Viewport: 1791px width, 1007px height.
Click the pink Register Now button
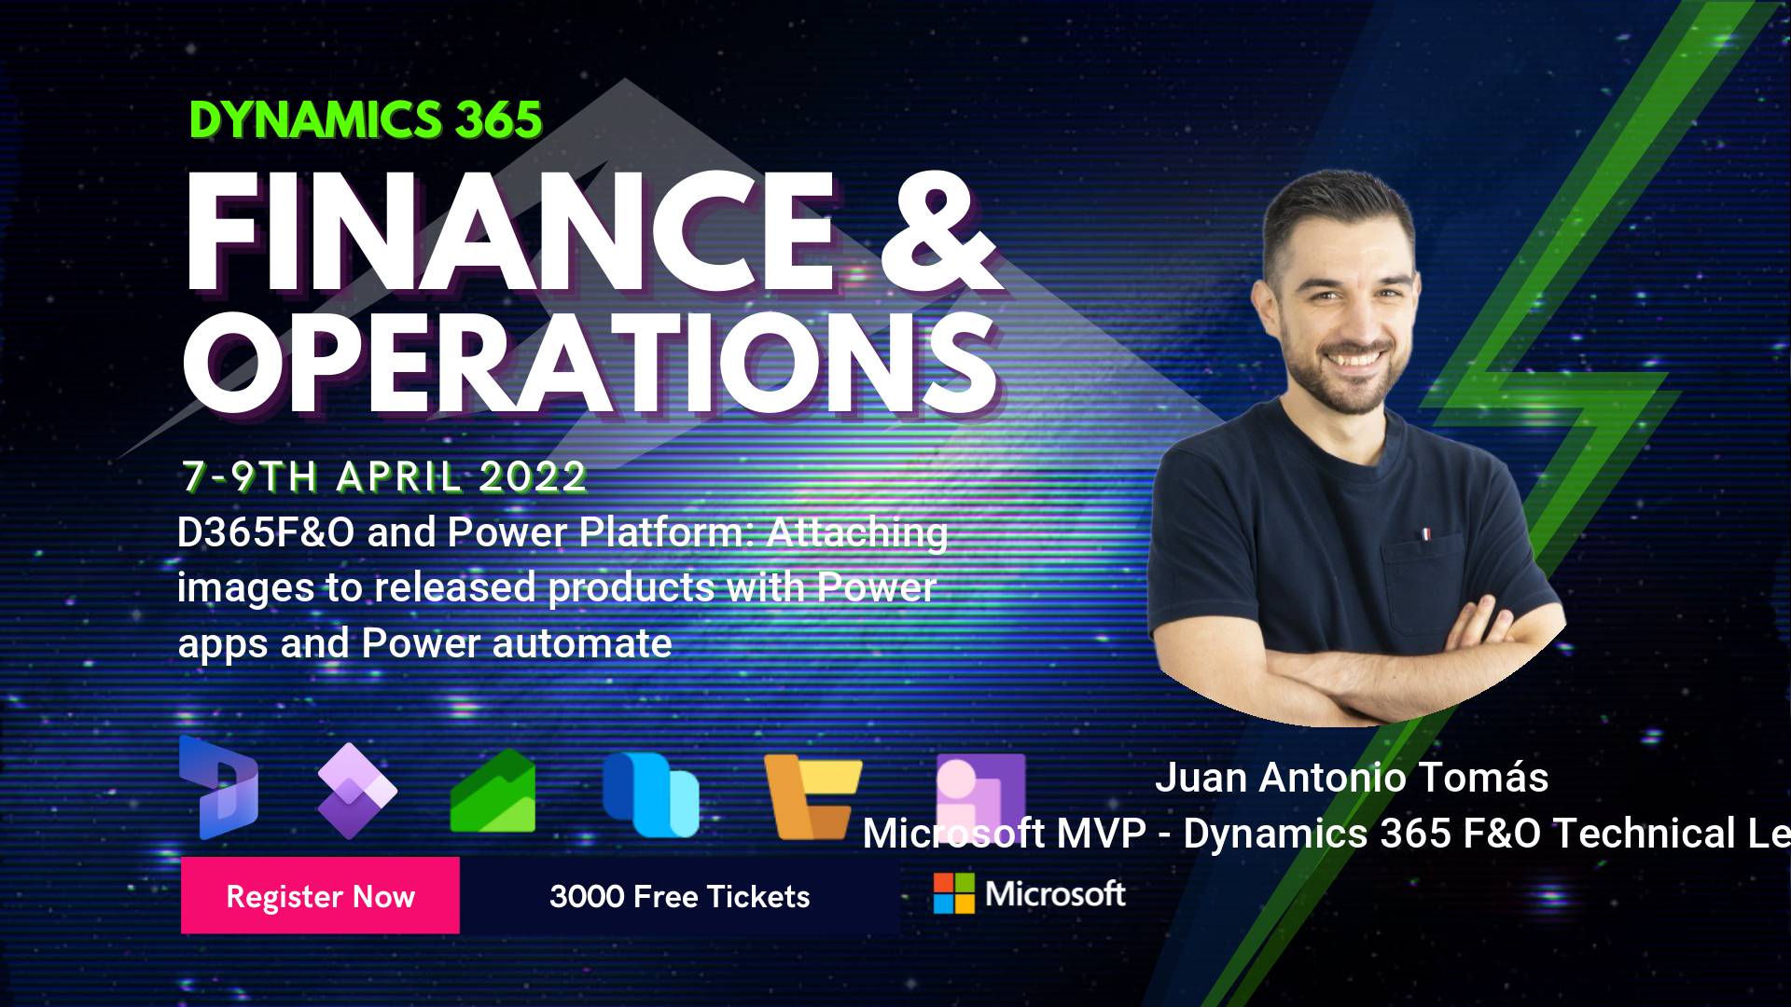pyautogui.click(x=320, y=895)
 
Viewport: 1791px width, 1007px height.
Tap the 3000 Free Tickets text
pyautogui.click(x=679, y=897)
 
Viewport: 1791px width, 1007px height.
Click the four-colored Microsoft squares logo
pyautogui.click(x=953, y=893)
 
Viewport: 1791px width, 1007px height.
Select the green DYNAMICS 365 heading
pyautogui.click(x=366, y=119)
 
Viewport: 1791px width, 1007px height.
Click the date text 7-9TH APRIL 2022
pyautogui.click(x=384, y=476)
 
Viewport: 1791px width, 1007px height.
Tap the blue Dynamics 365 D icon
pyautogui.click(x=219, y=788)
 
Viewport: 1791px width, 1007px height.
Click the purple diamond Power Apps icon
pyautogui.click(x=356, y=791)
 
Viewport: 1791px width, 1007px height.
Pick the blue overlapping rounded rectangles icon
pyautogui.click(x=650, y=793)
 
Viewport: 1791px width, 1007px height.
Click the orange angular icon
pyautogui.click(x=812, y=795)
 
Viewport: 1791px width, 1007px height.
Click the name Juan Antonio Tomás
pyautogui.click(x=1352, y=777)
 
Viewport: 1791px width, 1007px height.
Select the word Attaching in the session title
pyautogui.click(x=857, y=532)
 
